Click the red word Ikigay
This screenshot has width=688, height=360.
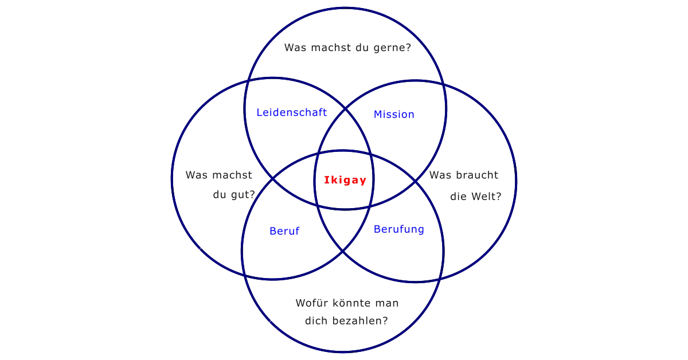(x=345, y=180)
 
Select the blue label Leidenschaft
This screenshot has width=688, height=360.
(x=292, y=112)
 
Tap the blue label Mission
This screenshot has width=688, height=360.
(x=394, y=115)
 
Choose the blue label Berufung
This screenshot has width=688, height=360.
(x=399, y=230)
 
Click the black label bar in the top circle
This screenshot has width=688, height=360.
(x=348, y=48)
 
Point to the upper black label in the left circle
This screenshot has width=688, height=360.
(x=217, y=174)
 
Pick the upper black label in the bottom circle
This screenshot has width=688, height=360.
(x=346, y=302)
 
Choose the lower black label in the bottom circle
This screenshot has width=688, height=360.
(x=346, y=321)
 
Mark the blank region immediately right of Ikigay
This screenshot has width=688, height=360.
(x=393, y=180)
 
